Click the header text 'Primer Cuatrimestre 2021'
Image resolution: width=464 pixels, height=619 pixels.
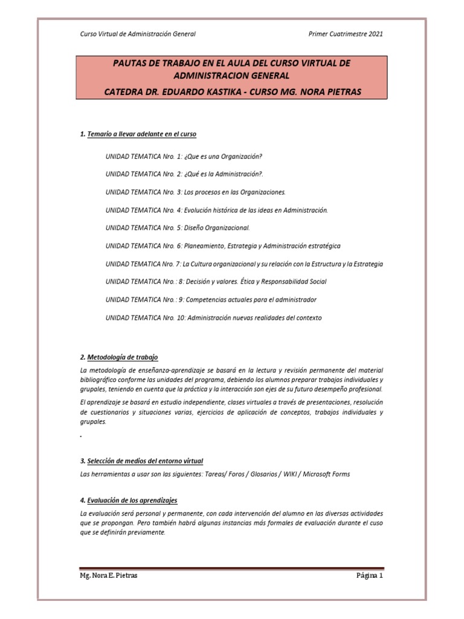click(346, 34)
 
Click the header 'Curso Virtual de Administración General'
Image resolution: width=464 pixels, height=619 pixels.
click(138, 34)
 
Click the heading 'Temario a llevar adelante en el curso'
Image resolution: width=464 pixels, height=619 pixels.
click(141, 134)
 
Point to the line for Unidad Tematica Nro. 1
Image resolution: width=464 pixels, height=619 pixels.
click(184, 156)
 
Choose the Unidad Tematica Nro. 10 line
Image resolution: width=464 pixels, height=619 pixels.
click(213, 318)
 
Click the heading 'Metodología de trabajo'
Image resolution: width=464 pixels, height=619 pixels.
click(123, 358)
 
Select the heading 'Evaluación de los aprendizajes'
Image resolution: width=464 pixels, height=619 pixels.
click(132, 501)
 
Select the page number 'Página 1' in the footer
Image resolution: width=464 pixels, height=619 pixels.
click(369, 576)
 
